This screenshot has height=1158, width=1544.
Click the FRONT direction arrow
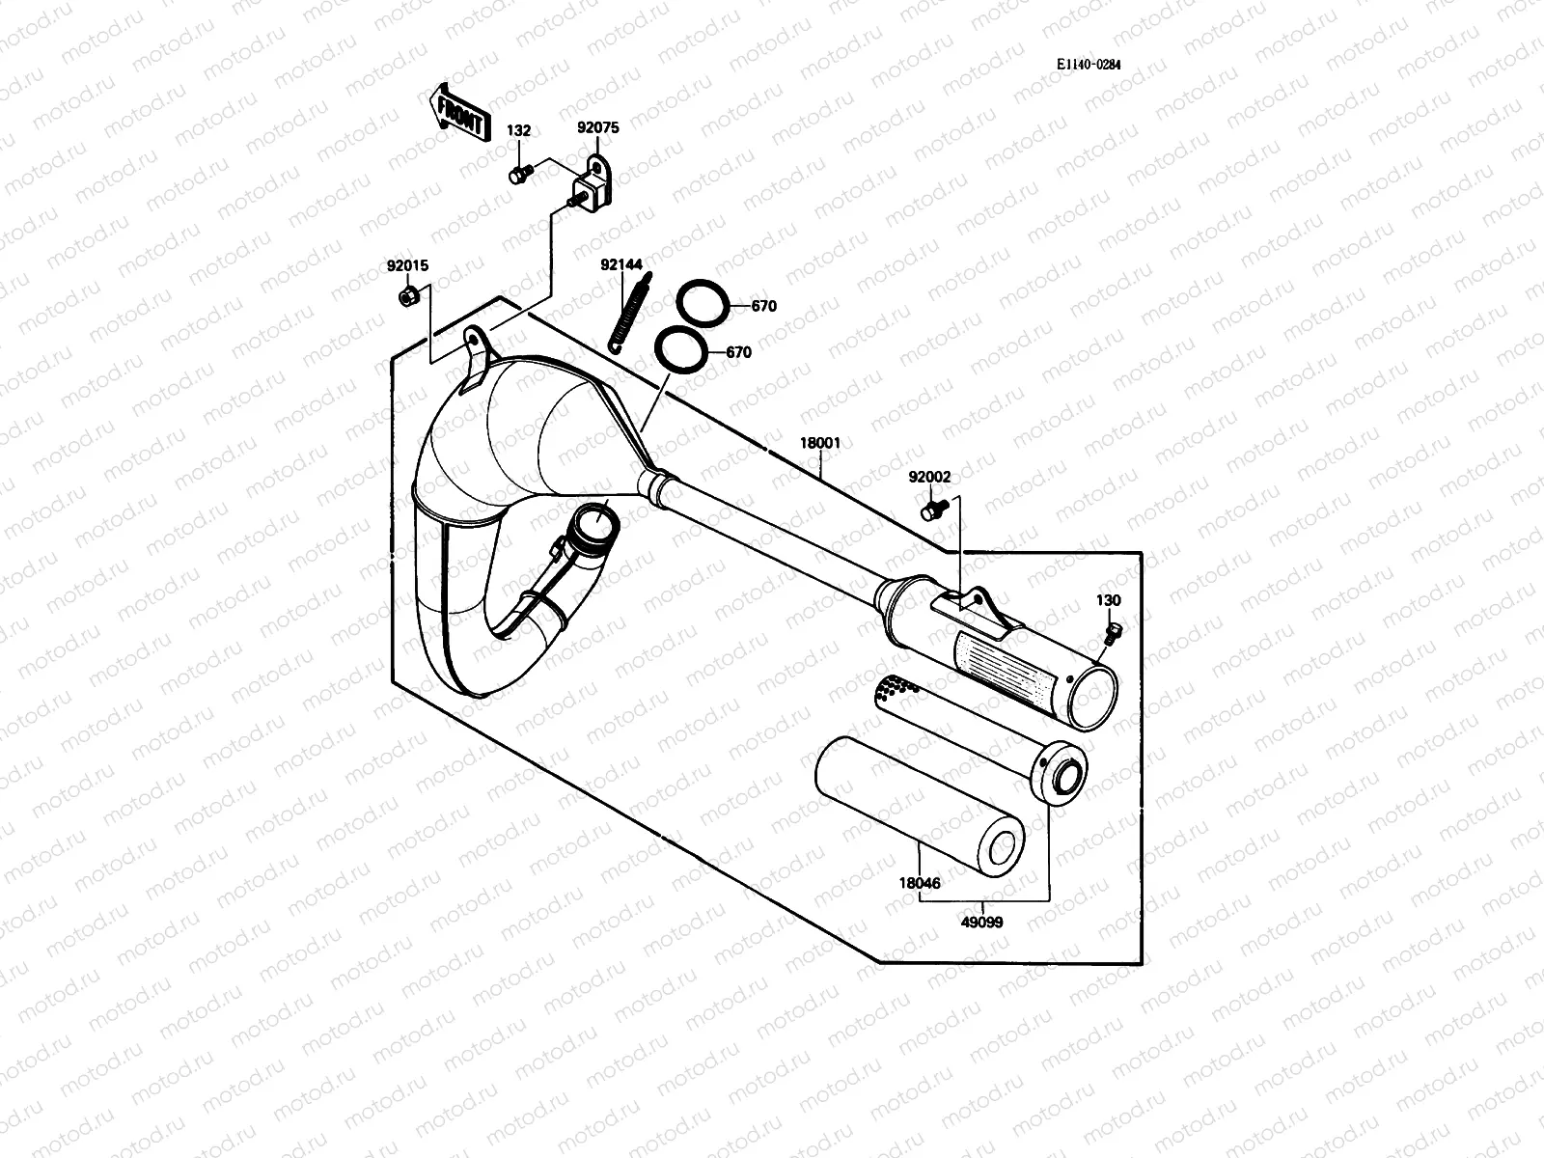click(x=456, y=111)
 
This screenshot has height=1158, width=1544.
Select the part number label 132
click(x=519, y=131)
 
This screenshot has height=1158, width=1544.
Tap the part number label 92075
click(x=598, y=127)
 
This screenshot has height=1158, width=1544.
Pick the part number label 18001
click(x=820, y=443)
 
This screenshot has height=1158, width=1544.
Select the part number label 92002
click(x=929, y=477)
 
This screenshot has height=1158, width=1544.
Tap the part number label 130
click(x=1108, y=600)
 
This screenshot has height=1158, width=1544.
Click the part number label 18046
click(x=920, y=883)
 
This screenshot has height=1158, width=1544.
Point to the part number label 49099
click(x=982, y=923)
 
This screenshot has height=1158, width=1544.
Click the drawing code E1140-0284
click(x=1089, y=65)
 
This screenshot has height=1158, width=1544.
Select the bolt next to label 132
click(x=519, y=174)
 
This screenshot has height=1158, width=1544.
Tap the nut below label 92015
click(x=407, y=295)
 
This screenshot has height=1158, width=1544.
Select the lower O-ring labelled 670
click(x=680, y=348)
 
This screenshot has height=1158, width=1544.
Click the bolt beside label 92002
click(x=932, y=509)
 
